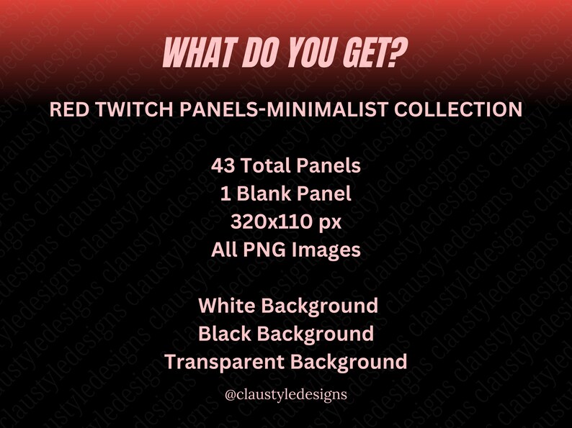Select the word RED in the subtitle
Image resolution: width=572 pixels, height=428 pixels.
pos(66,110)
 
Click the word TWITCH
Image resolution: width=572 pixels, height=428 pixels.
pos(126,110)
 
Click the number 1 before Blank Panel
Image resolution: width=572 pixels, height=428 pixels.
pos(225,193)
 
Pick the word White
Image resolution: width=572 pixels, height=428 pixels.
pos(225,305)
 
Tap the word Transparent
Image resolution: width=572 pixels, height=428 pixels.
pos(220,361)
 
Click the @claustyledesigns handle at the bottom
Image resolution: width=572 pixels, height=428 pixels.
pos(286,394)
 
